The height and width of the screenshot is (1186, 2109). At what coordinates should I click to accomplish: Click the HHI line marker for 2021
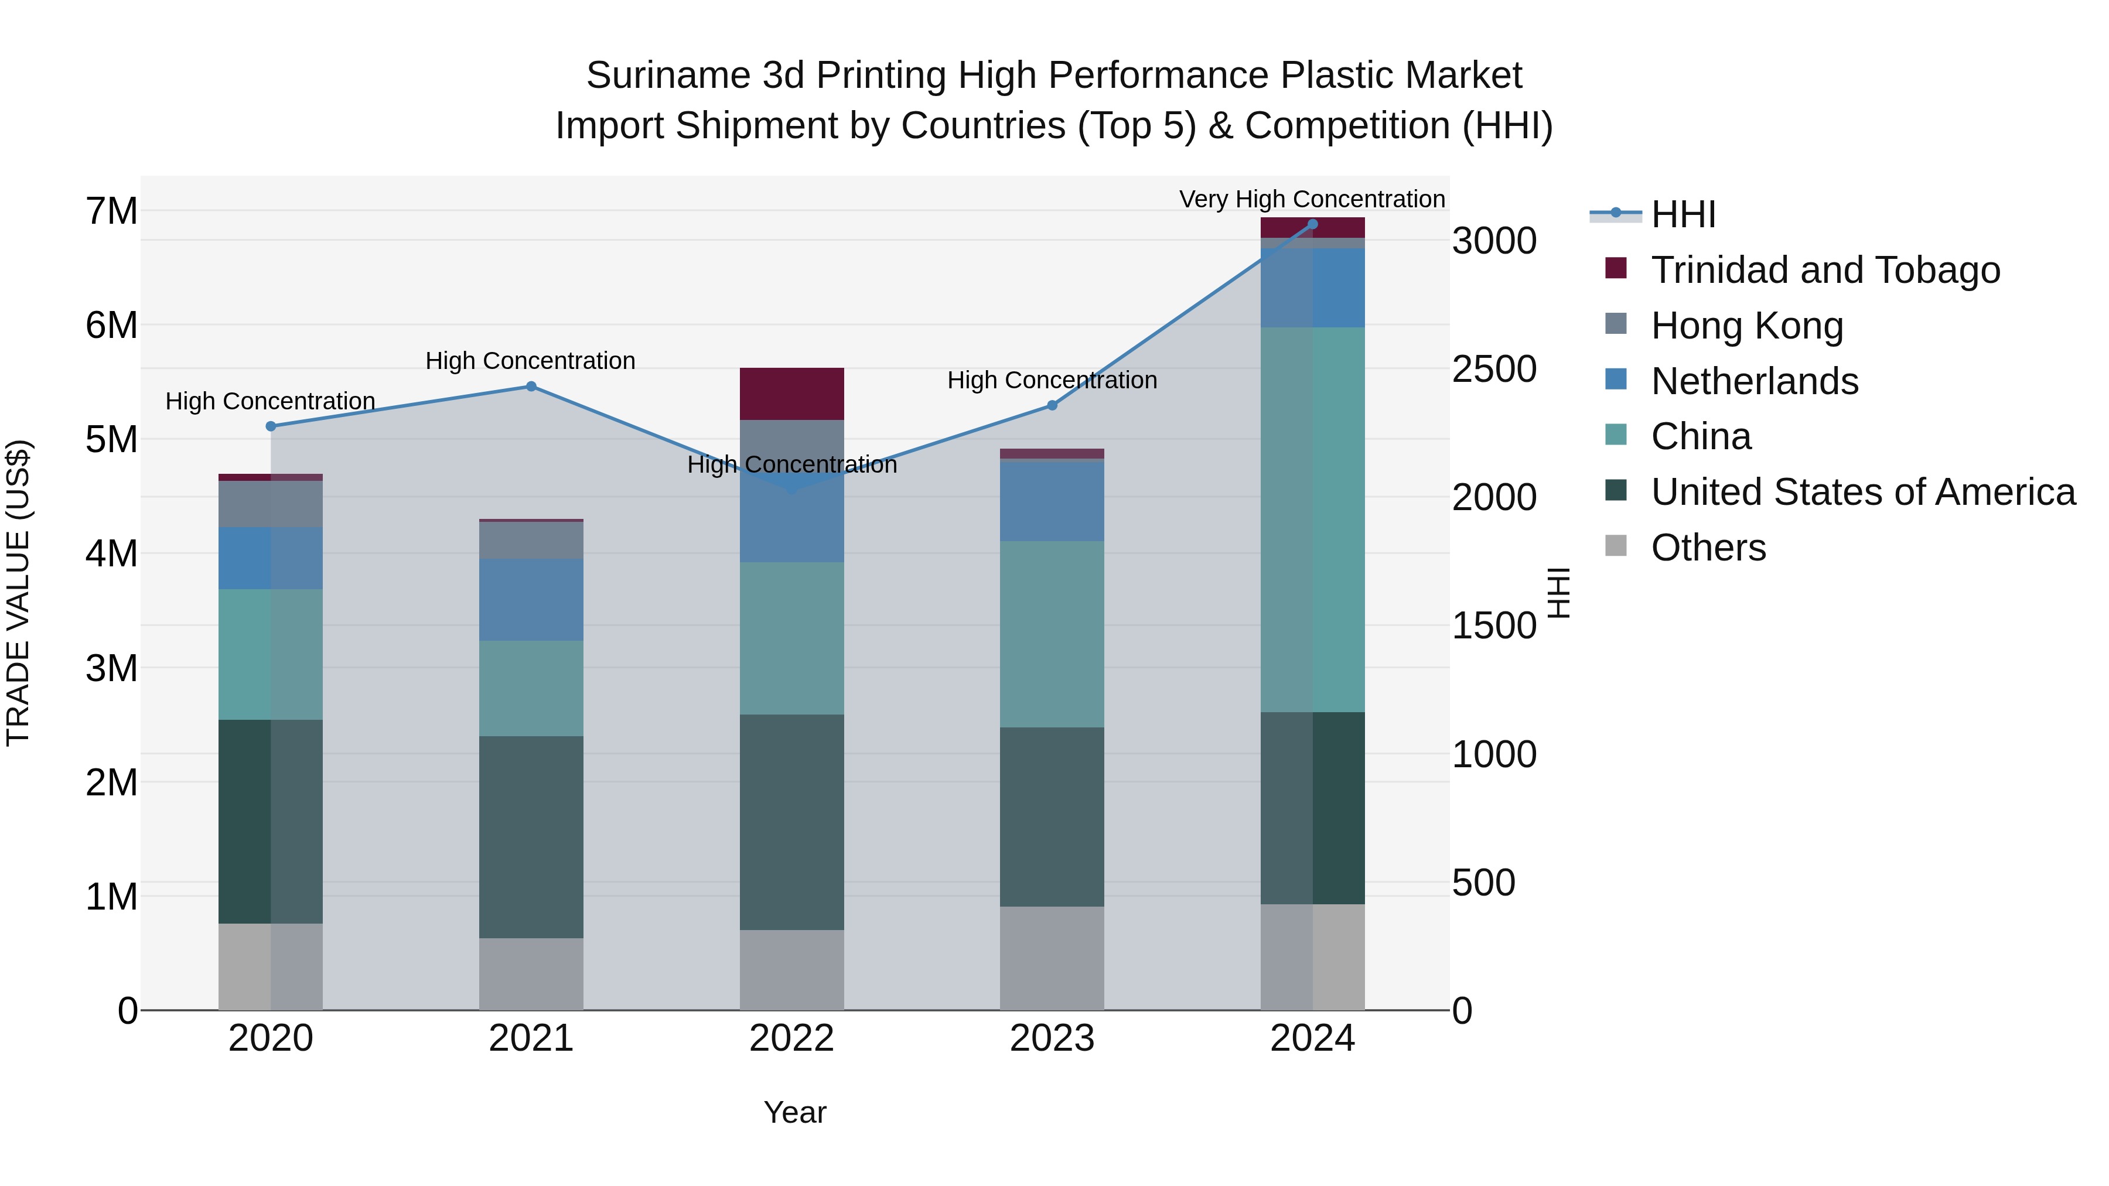click(531, 387)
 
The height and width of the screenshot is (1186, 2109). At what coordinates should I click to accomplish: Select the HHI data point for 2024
click(1312, 224)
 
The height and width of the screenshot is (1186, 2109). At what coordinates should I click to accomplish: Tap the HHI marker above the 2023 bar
click(1052, 405)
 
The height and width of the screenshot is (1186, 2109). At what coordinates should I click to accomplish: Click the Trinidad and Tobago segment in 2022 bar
click(791, 394)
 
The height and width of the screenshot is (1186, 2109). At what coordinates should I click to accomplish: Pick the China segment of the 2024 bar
click(1312, 519)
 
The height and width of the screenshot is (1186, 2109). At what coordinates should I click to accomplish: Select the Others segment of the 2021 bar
click(531, 973)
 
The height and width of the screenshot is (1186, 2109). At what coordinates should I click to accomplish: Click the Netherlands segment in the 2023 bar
click(1052, 501)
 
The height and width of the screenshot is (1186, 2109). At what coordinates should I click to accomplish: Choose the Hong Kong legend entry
click(1746, 326)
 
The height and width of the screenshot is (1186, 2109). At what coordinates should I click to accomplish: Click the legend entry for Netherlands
click(1753, 381)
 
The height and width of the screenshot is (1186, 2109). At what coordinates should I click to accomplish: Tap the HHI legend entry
click(1683, 214)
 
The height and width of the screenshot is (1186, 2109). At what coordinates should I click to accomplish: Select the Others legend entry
click(1708, 548)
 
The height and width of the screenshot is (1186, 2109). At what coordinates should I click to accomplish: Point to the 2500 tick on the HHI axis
click(1494, 369)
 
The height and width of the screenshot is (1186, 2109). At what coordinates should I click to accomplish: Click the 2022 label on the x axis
click(791, 1038)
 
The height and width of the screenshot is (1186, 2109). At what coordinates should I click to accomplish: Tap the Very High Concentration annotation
click(1312, 199)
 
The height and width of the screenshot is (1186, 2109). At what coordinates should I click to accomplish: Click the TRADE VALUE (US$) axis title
click(19, 593)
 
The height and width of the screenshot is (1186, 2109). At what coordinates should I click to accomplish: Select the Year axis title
click(795, 1112)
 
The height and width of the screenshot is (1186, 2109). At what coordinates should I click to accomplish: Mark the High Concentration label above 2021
click(531, 361)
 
